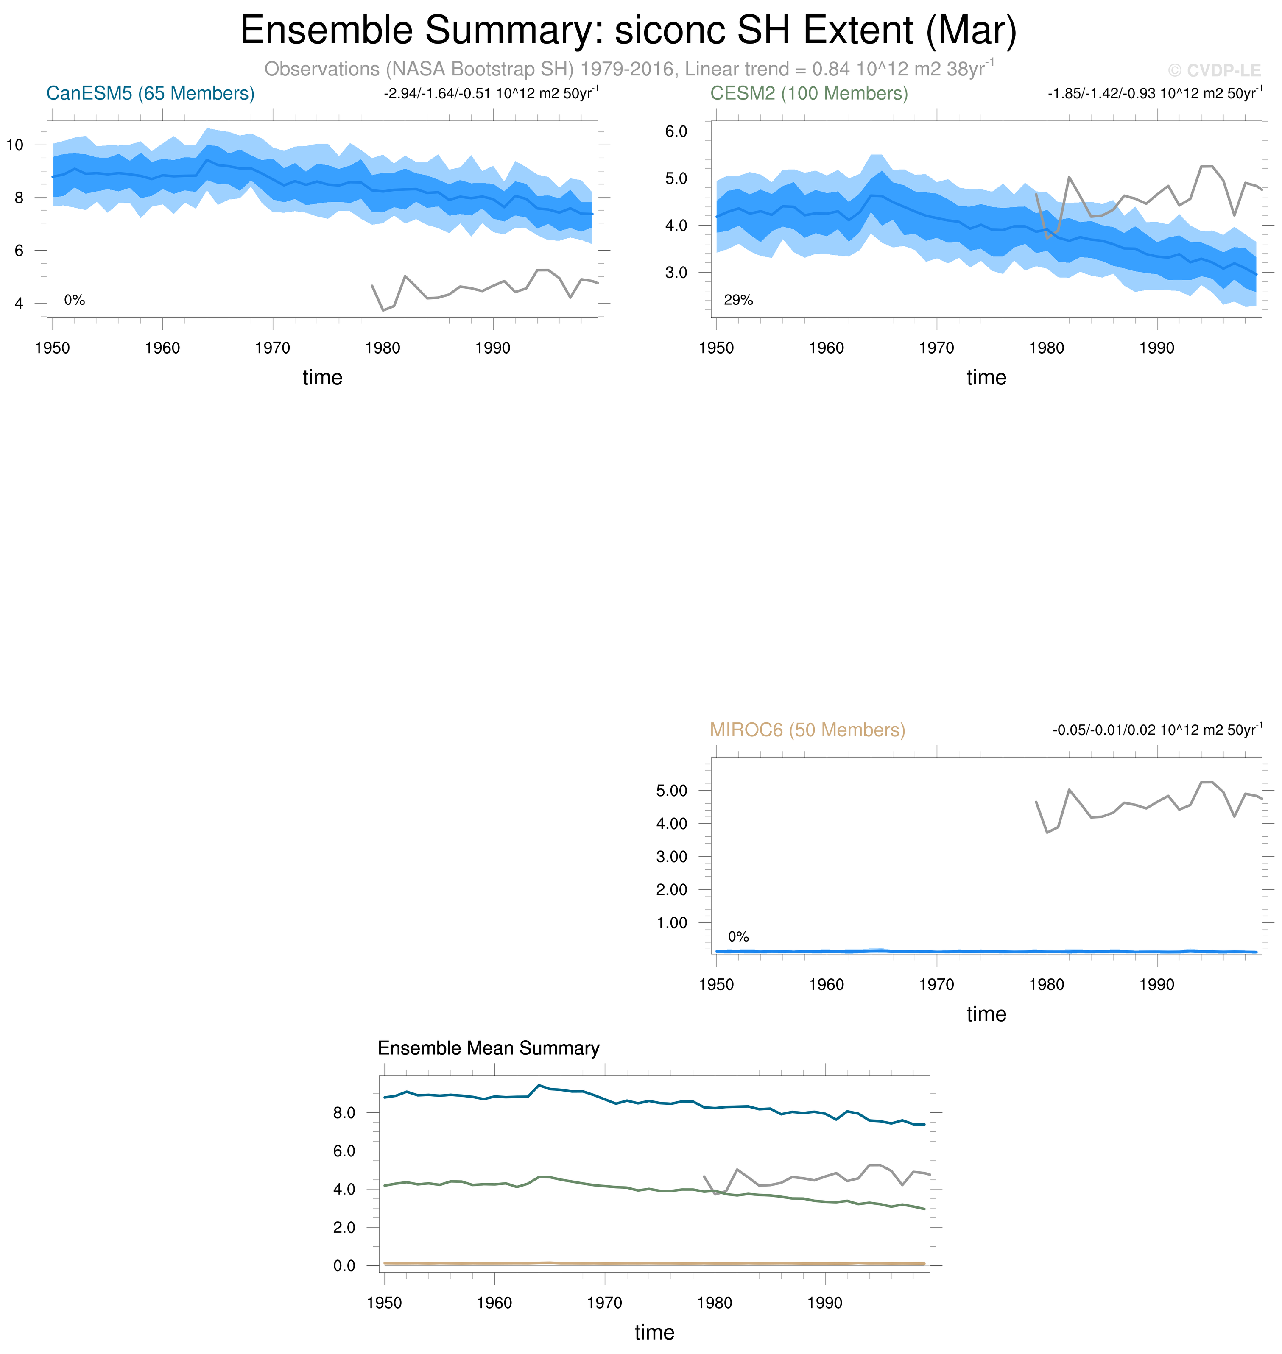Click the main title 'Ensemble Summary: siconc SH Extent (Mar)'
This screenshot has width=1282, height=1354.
(x=628, y=31)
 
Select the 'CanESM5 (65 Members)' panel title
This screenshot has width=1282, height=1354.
(x=151, y=94)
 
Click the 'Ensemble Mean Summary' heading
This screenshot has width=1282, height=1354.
(x=488, y=1048)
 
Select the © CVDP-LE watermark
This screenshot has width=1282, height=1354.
(x=1214, y=70)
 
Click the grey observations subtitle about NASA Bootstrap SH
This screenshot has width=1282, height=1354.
(x=628, y=69)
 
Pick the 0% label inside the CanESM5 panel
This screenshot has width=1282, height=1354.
(x=75, y=300)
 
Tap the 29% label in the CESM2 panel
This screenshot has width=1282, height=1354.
(x=738, y=300)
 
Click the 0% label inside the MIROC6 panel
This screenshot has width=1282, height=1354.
(x=738, y=936)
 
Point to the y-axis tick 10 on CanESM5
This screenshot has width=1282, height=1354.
(x=15, y=145)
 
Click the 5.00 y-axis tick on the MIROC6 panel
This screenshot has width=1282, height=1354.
(x=672, y=791)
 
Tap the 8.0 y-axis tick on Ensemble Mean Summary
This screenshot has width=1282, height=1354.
(x=344, y=1112)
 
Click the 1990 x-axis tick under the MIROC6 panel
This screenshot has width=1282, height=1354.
(x=1156, y=984)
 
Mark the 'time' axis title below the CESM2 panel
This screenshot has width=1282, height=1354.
(x=986, y=378)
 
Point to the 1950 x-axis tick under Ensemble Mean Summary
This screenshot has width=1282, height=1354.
(x=384, y=1303)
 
